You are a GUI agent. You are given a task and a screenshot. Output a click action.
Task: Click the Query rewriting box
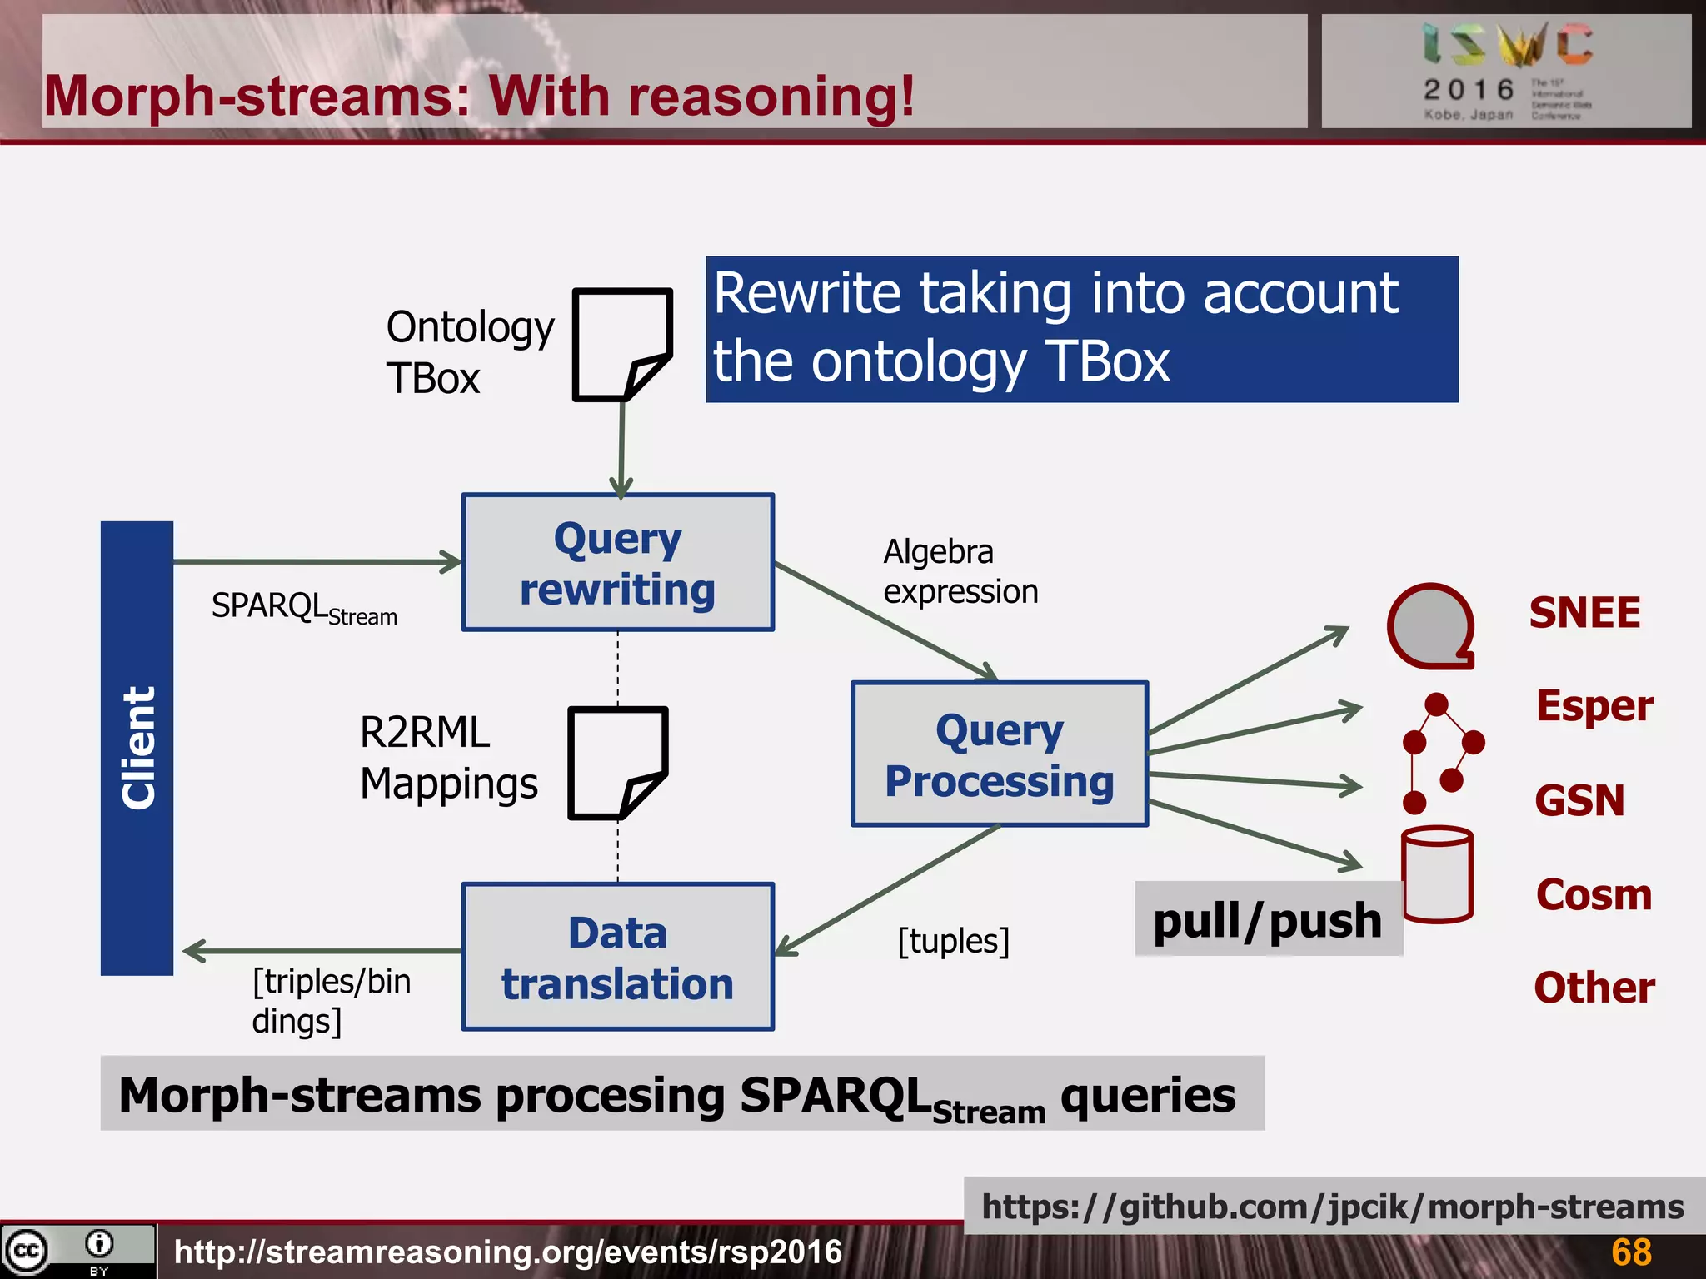tap(617, 563)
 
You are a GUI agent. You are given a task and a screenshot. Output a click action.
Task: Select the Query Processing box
tap(999, 754)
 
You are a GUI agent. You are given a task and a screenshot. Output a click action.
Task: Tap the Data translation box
tap(617, 957)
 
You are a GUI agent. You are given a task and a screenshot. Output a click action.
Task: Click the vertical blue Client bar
tap(137, 748)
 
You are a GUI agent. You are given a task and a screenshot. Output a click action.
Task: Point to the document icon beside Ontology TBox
tap(621, 344)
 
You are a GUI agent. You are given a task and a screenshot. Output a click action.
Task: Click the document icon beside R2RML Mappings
tap(617, 762)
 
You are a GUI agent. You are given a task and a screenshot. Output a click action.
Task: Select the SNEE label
tap(1584, 613)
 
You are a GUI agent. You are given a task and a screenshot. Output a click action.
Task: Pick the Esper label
tap(1594, 706)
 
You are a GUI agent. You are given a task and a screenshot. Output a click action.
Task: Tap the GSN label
tap(1579, 800)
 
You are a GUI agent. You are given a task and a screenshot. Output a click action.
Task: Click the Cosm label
tap(1593, 895)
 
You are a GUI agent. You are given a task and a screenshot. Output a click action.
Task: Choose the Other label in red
tap(1594, 988)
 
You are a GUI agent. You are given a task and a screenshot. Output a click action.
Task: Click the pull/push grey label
tap(1267, 920)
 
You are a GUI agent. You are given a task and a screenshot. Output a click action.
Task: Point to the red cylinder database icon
tap(1437, 874)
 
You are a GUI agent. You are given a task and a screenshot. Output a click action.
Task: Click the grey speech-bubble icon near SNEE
tap(1430, 625)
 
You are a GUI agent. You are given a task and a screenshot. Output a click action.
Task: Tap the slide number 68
tap(1630, 1252)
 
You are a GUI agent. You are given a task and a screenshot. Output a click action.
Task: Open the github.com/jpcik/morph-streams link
tap(1332, 1207)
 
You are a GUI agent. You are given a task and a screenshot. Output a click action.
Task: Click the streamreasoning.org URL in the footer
tap(507, 1252)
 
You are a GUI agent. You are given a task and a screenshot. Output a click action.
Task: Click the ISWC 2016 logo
tap(1506, 72)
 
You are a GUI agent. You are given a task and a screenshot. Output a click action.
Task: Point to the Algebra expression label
tap(960, 571)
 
